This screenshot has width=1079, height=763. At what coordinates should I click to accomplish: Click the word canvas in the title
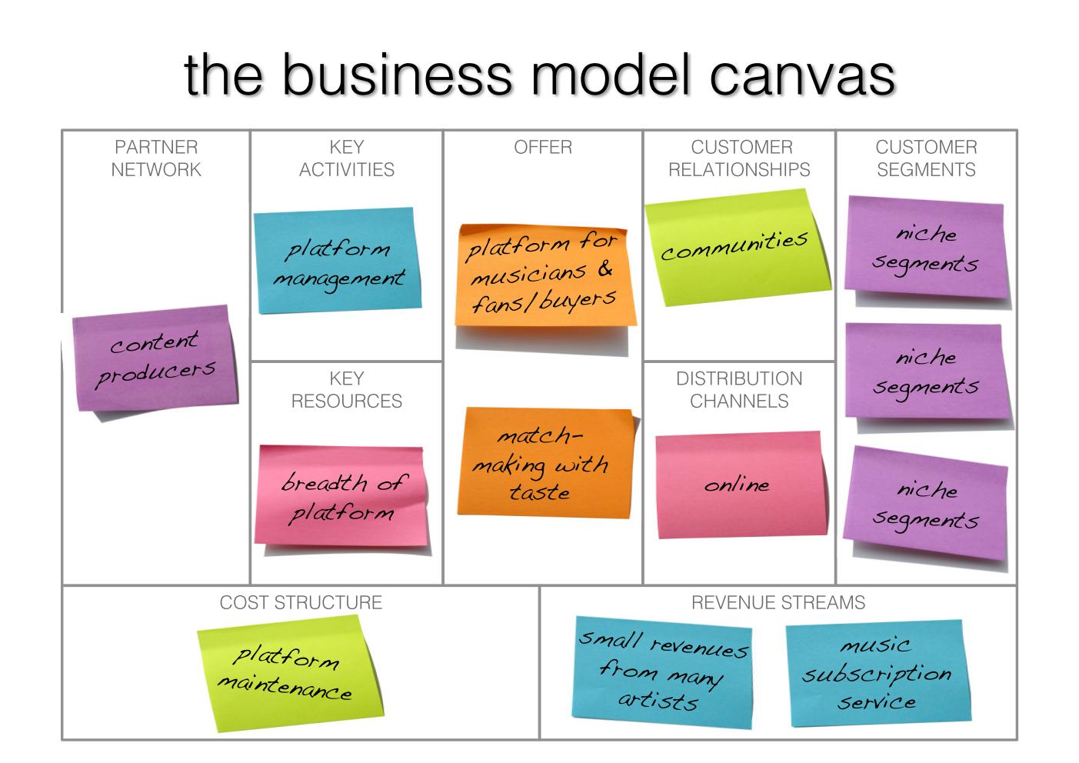click(802, 76)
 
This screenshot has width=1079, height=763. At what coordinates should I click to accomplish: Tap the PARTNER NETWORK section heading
click(156, 158)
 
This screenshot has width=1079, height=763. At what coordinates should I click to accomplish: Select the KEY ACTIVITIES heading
click(347, 158)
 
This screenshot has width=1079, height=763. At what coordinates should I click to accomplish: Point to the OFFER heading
click(543, 148)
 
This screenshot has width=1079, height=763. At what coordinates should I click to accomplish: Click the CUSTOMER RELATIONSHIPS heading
click(739, 158)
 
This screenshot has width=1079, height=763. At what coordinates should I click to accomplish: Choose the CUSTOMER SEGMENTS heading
click(926, 158)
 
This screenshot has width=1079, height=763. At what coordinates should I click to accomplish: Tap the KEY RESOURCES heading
click(347, 390)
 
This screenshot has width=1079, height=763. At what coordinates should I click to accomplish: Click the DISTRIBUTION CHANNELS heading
click(739, 390)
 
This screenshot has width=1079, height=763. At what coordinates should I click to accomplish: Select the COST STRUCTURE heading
click(301, 602)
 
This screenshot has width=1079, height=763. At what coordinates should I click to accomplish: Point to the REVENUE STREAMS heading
click(778, 602)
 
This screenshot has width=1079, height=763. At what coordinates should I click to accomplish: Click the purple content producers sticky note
click(155, 358)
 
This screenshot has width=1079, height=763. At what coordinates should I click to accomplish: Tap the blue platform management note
click(337, 261)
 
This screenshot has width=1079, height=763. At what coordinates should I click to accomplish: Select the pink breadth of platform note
click(341, 496)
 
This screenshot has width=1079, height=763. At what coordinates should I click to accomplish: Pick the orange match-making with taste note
click(544, 463)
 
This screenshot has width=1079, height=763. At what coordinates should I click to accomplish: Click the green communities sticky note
click(737, 248)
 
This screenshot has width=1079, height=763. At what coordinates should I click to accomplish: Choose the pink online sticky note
click(741, 485)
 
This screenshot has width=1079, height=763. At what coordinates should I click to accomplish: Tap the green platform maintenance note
click(291, 674)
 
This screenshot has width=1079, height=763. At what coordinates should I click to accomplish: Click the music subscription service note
click(878, 674)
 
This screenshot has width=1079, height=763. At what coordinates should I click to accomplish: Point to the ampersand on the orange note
click(605, 268)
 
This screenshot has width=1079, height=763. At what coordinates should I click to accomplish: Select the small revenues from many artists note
click(662, 672)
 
